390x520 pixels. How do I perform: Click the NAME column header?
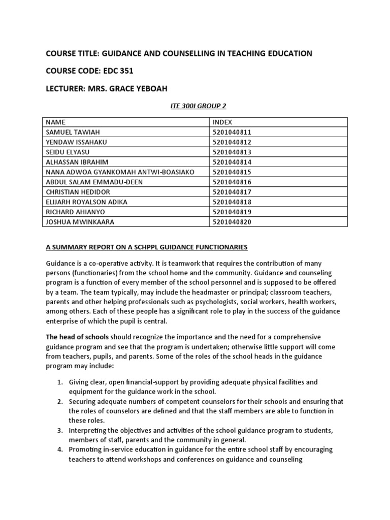[56, 122]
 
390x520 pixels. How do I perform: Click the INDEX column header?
[222, 122]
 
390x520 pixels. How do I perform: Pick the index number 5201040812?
[232, 142]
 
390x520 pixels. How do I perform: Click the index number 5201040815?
[232, 172]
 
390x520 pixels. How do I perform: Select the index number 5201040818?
[232, 202]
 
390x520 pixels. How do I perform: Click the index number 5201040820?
[232, 222]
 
